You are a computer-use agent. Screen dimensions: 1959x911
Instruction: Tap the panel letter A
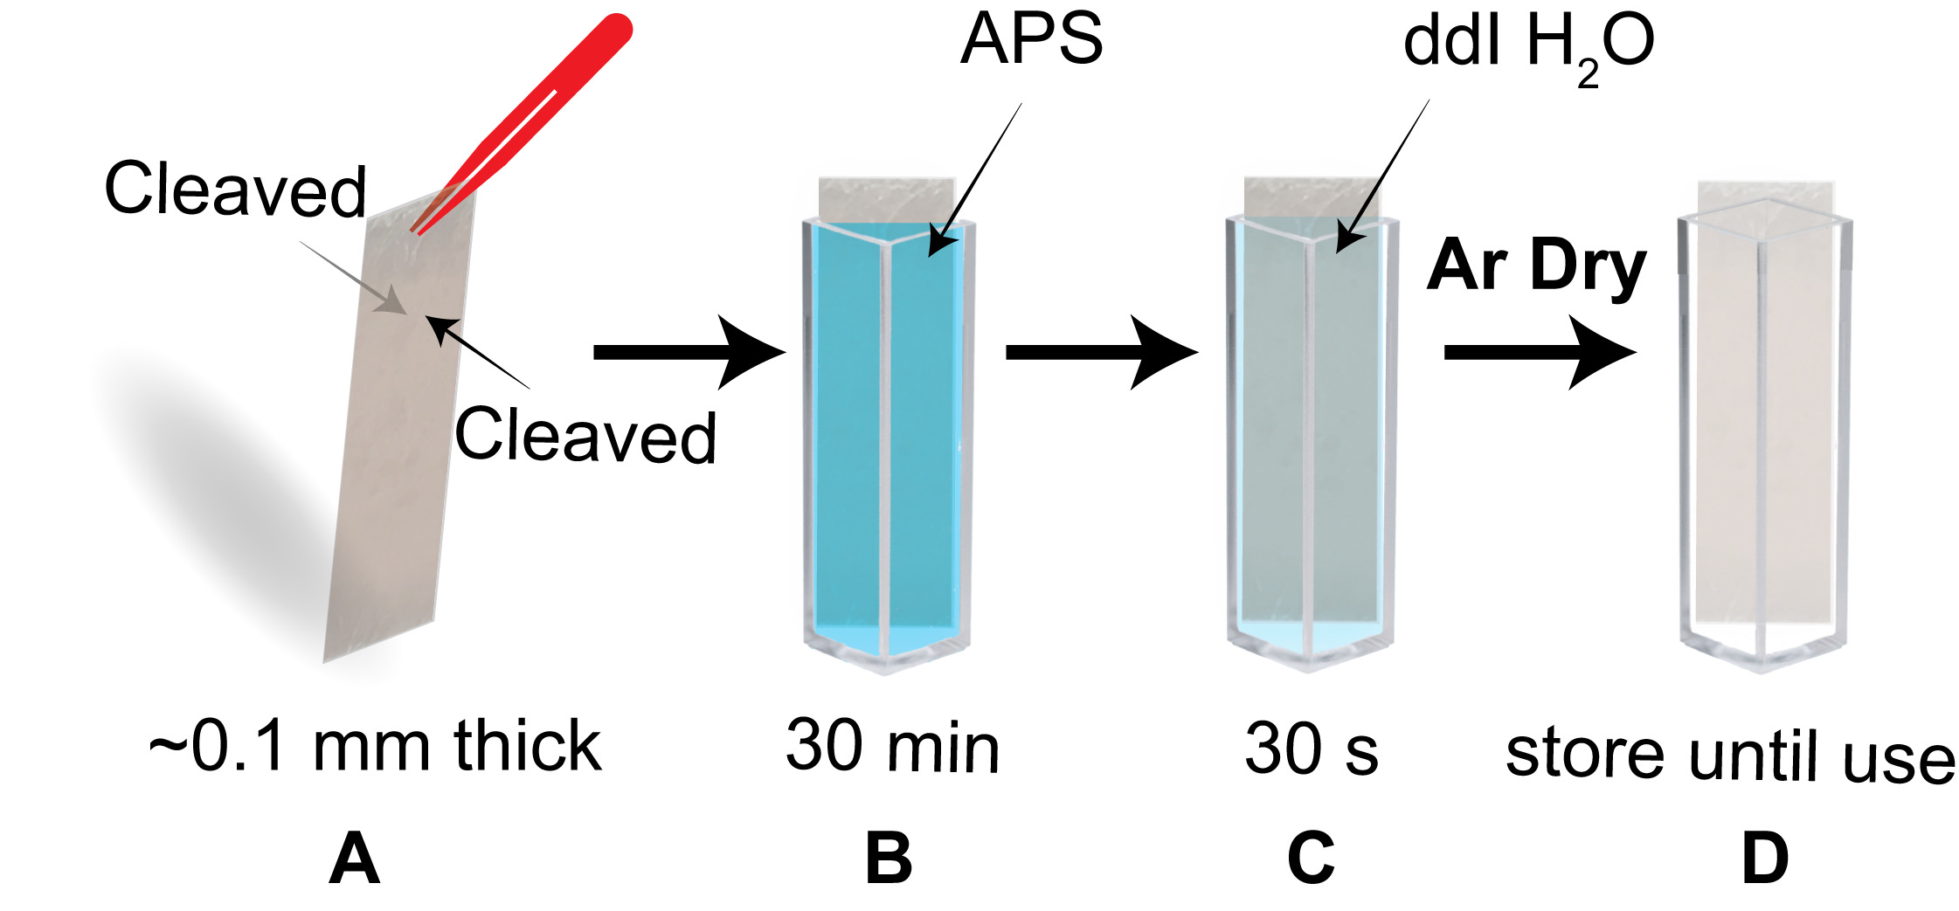(354, 859)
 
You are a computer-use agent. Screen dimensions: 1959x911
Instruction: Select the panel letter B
(889, 859)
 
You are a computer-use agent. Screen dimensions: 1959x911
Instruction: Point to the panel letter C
(1311, 859)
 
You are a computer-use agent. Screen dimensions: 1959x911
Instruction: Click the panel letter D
(1765, 859)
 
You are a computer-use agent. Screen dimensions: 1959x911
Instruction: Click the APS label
(1031, 40)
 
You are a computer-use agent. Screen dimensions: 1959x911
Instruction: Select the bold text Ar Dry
(1536, 266)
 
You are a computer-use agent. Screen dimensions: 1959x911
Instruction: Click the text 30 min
(892, 748)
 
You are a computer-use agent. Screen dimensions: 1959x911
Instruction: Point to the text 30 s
(1311, 749)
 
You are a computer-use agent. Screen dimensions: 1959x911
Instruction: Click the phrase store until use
(1730, 756)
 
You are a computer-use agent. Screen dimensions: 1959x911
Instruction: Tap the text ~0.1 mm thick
(375, 748)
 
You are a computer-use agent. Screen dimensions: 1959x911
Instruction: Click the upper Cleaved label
(234, 190)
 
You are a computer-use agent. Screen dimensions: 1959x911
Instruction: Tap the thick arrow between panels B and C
(1101, 352)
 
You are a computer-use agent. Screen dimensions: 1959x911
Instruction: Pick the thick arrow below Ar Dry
(1539, 352)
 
